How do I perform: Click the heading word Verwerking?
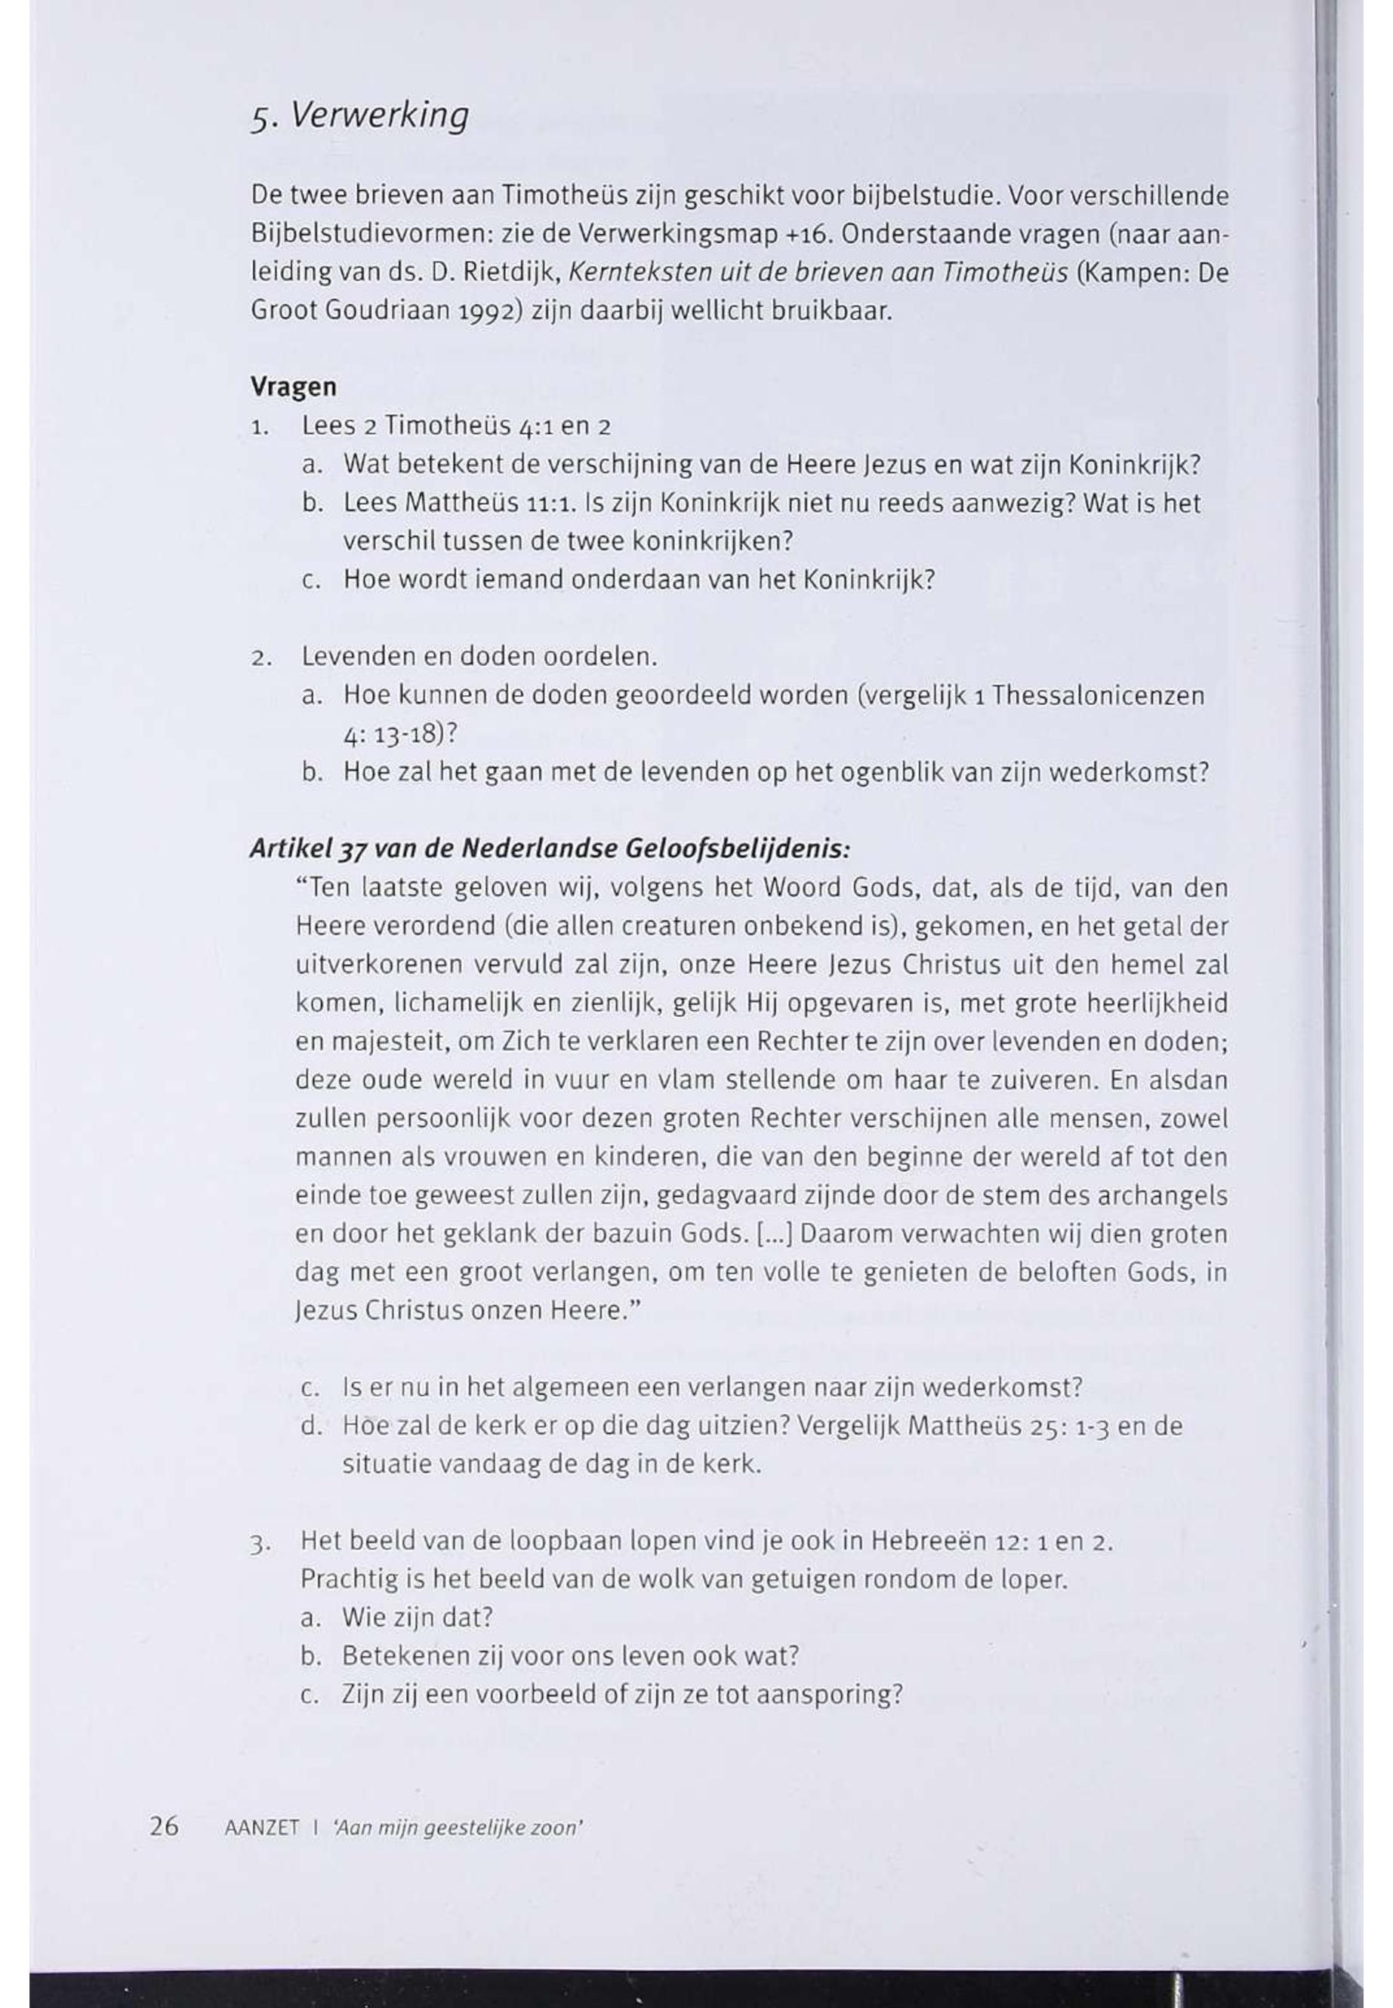point(379,115)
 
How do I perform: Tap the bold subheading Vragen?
point(293,387)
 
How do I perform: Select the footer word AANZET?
point(262,1828)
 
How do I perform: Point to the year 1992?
point(488,312)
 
